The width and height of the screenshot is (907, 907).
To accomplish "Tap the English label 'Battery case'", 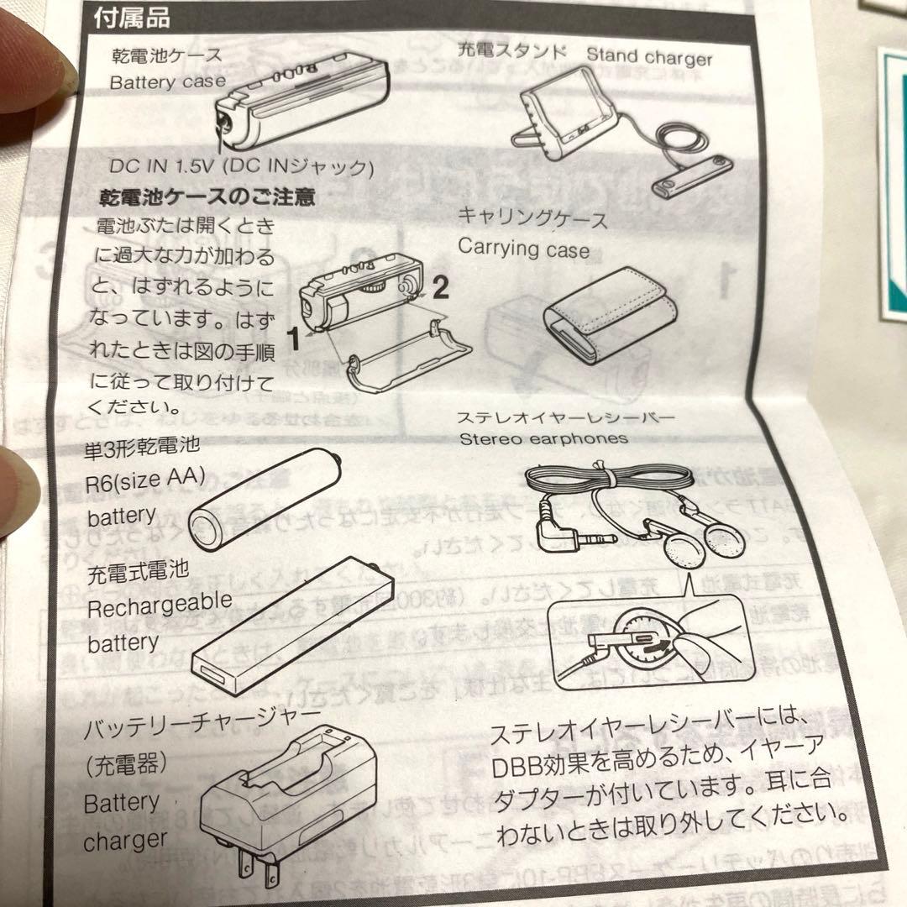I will pyautogui.click(x=168, y=82).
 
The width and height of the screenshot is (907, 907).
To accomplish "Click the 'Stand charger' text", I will pyautogui.click(x=648, y=57).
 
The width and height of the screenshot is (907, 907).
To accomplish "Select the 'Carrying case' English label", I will pyautogui.click(x=523, y=249).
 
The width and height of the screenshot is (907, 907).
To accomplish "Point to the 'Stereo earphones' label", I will pyautogui.click(x=543, y=438).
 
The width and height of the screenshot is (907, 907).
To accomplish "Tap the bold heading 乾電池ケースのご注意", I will pyautogui.click(x=207, y=198).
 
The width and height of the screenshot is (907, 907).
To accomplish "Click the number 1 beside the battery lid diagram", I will pyautogui.click(x=292, y=339).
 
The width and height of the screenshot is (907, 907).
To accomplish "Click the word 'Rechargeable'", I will pyautogui.click(x=160, y=604).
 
